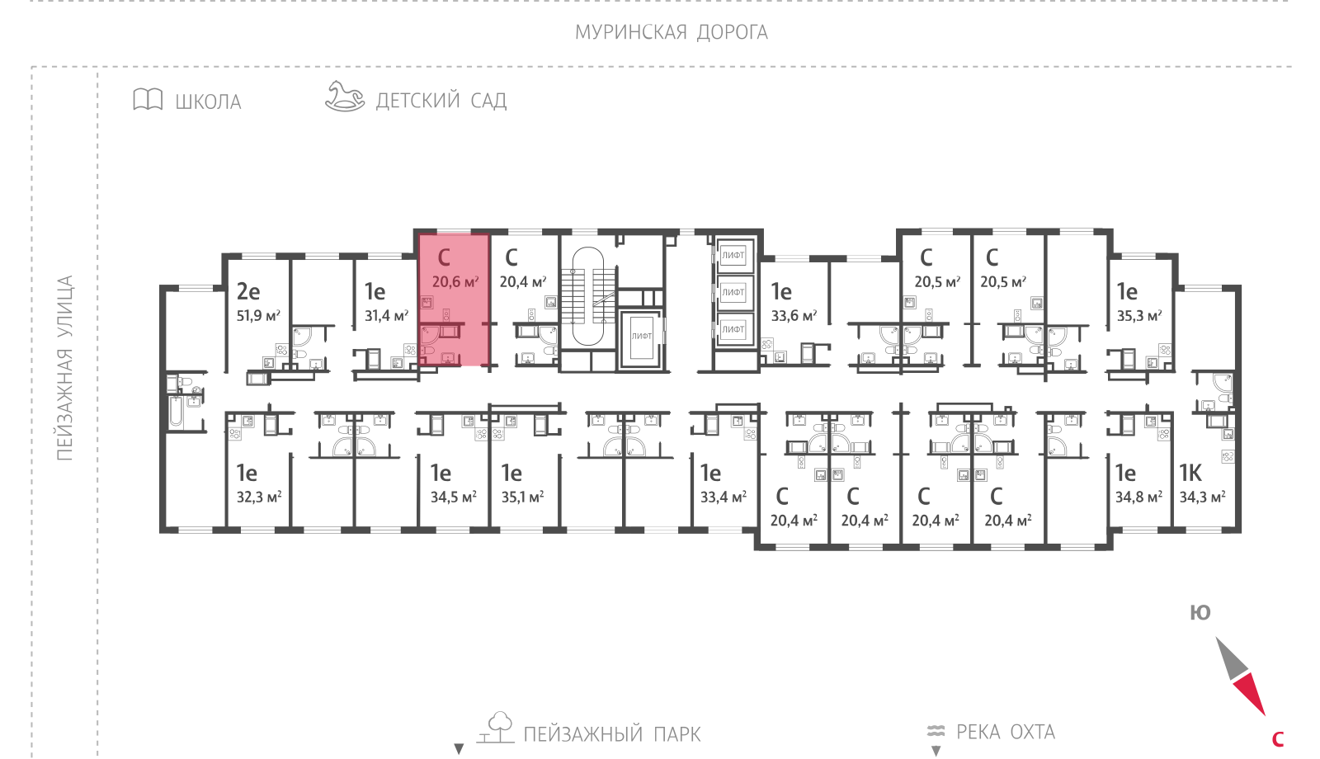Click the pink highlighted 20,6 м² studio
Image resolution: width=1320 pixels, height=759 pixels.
pyautogui.click(x=455, y=300)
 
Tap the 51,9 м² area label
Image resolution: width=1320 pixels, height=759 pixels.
pyautogui.click(x=259, y=316)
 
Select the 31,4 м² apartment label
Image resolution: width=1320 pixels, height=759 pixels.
pyautogui.click(x=387, y=316)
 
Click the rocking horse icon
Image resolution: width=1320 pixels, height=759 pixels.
pyautogui.click(x=345, y=96)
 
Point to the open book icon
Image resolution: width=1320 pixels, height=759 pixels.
pyautogui.click(x=148, y=100)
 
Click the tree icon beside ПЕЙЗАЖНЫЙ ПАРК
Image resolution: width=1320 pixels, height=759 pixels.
pyautogui.click(x=496, y=727)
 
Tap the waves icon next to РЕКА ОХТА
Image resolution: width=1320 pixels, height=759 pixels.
pyautogui.click(x=936, y=731)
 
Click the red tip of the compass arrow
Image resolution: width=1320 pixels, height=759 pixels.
pyautogui.click(x=1264, y=714)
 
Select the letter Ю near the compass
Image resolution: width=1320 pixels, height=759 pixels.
pyautogui.click(x=1200, y=613)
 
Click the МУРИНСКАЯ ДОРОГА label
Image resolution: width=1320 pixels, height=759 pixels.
pyautogui.click(x=672, y=32)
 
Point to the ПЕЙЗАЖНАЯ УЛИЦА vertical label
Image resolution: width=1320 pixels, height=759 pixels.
pyautogui.click(x=64, y=368)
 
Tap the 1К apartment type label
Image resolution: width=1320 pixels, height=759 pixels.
pyautogui.click(x=1190, y=473)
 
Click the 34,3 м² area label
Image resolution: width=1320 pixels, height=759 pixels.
pyautogui.click(x=1203, y=497)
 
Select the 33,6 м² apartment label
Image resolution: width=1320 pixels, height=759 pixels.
pyautogui.click(x=794, y=316)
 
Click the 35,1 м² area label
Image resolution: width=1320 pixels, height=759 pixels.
pyautogui.click(x=523, y=497)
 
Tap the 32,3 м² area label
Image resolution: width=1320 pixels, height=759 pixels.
pyautogui.click(x=259, y=497)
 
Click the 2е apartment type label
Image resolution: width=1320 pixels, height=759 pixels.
pyautogui.click(x=248, y=291)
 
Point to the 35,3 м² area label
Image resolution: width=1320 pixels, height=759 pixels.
pyautogui.click(x=1139, y=316)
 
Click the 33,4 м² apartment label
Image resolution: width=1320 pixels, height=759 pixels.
pyautogui.click(x=724, y=497)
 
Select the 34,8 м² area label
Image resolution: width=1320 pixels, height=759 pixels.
pyautogui.click(x=1139, y=497)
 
